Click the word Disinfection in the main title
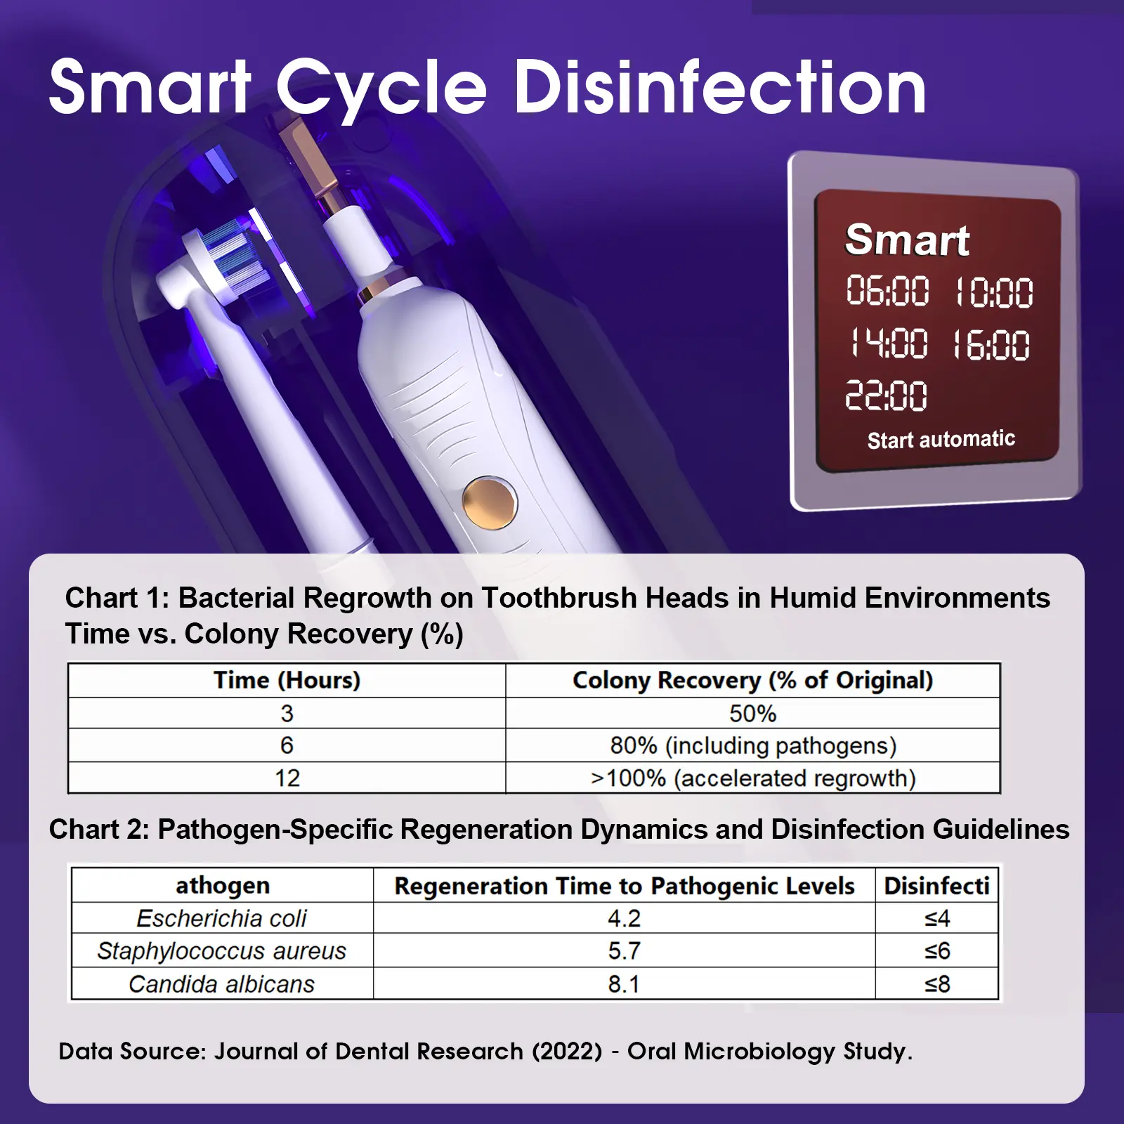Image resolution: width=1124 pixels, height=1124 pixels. coord(721,88)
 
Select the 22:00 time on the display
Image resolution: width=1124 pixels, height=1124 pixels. coord(886,396)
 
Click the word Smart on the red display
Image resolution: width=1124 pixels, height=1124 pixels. coord(907,240)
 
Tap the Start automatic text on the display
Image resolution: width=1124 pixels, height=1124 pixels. coord(941,440)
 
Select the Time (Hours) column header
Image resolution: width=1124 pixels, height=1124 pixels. coord(287,680)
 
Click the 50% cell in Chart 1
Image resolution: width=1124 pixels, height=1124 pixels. coord(752,714)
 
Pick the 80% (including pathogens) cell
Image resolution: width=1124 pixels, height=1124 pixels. coord(753,745)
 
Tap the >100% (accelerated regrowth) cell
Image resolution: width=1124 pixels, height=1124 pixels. coord(753,778)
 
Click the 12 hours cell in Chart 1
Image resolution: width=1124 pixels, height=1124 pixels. coord(287,778)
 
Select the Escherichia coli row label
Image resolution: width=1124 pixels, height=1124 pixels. coord(222,918)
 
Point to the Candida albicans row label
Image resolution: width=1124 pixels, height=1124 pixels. coord(222,984)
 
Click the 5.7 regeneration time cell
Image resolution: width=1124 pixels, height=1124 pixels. coord(624,951)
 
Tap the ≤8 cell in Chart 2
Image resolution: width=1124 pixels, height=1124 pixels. coord(937,984)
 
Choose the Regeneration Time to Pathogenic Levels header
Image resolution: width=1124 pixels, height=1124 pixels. coord(625,886)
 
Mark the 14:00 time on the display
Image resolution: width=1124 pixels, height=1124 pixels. coord(888,344)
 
